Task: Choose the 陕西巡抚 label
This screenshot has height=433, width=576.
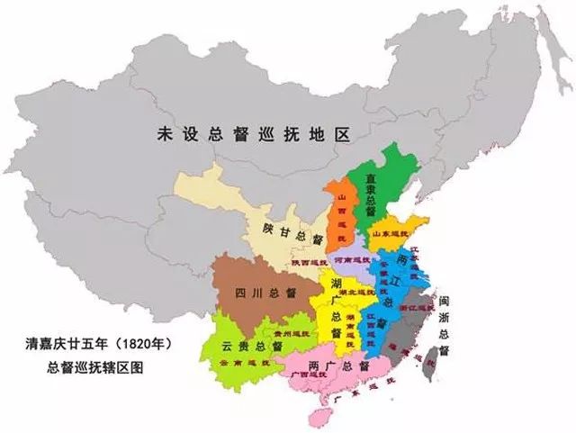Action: tap(310, 262)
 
